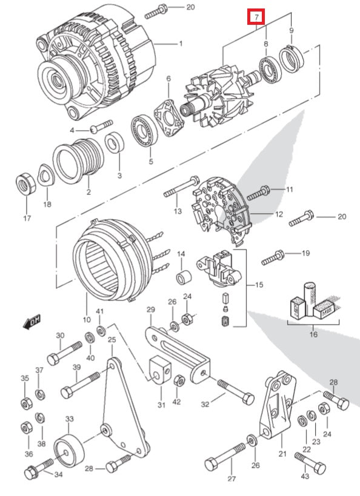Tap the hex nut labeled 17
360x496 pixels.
click(25, 182)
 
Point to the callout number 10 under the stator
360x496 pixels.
click(86, 320)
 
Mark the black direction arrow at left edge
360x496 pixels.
click(32, 323)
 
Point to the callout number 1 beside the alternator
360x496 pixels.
click(179, 44)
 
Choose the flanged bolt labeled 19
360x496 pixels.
click(273, 257)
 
